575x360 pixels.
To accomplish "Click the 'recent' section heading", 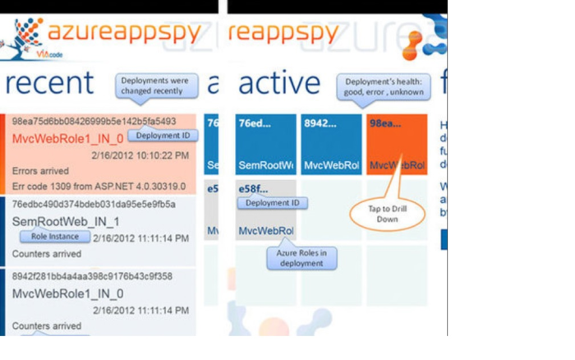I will point(49,83).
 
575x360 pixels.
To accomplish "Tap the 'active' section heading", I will point(279,83).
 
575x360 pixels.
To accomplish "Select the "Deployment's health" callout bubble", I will point(384,86).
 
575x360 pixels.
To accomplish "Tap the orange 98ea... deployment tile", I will point(397,144).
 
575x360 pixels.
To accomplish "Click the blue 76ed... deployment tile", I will point(265,144).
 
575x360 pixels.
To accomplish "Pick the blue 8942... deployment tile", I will point(331,144).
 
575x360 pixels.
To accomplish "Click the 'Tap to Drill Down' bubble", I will point(388,215).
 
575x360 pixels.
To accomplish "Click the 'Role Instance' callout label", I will point(55,237).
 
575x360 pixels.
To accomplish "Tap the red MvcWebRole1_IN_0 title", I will point(67,138).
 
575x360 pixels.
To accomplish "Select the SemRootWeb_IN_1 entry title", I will point(66,222).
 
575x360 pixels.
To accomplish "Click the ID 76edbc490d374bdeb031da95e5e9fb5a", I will point(93,204).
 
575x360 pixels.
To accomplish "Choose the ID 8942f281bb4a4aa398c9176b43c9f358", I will point(92,276).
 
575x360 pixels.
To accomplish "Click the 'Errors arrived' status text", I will point(42,171).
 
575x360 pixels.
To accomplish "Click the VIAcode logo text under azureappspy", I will point(49,54).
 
